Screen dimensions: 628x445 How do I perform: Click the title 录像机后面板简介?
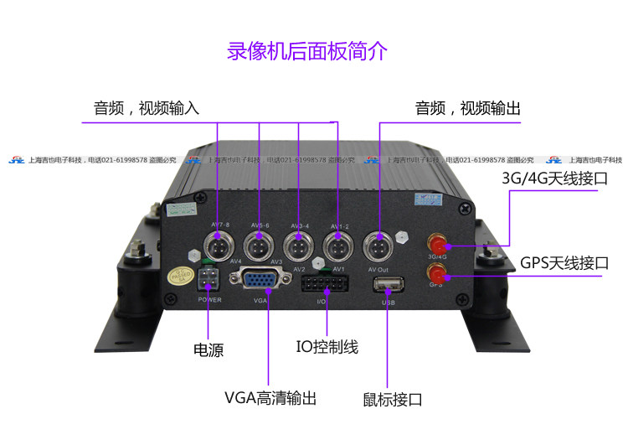click(307, 51)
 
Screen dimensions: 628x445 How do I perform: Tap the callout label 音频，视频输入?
click(147, 109)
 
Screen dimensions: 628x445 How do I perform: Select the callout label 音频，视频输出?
click(468, 109)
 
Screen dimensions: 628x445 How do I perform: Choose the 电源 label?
click(208, 349)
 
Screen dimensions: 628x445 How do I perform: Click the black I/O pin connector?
click(321, 284)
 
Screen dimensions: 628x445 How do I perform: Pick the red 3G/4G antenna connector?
click(437, 246)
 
